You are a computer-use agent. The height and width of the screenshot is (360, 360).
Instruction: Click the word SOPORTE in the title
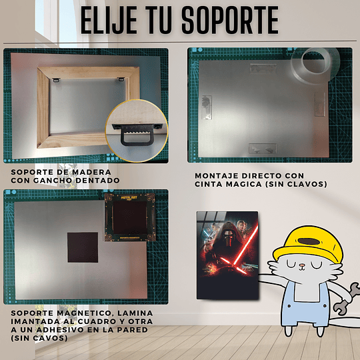click(x=230, y=20)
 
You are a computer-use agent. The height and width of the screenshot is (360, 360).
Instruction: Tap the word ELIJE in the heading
click(x=109, y=20)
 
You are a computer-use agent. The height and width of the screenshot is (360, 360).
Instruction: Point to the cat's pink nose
click(x=302, y=266)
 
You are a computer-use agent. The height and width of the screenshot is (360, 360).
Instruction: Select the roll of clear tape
click(x=315, y=65)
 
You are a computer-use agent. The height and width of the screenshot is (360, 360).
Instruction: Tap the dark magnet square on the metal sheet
click(x=83, y=247)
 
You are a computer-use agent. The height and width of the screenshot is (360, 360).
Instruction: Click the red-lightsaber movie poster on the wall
click(x=227, y=255)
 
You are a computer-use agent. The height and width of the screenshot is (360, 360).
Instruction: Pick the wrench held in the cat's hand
click(x=346, y=299)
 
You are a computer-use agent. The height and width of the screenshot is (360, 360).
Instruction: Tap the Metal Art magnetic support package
click(x=130, y=217)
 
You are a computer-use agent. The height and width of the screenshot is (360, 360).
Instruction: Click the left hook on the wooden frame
click(x=56, y=80)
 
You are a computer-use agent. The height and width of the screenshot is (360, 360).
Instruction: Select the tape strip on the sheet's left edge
click(x=207, y=107)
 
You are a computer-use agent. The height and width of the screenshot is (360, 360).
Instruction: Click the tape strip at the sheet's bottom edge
click(x=263, y=149)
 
